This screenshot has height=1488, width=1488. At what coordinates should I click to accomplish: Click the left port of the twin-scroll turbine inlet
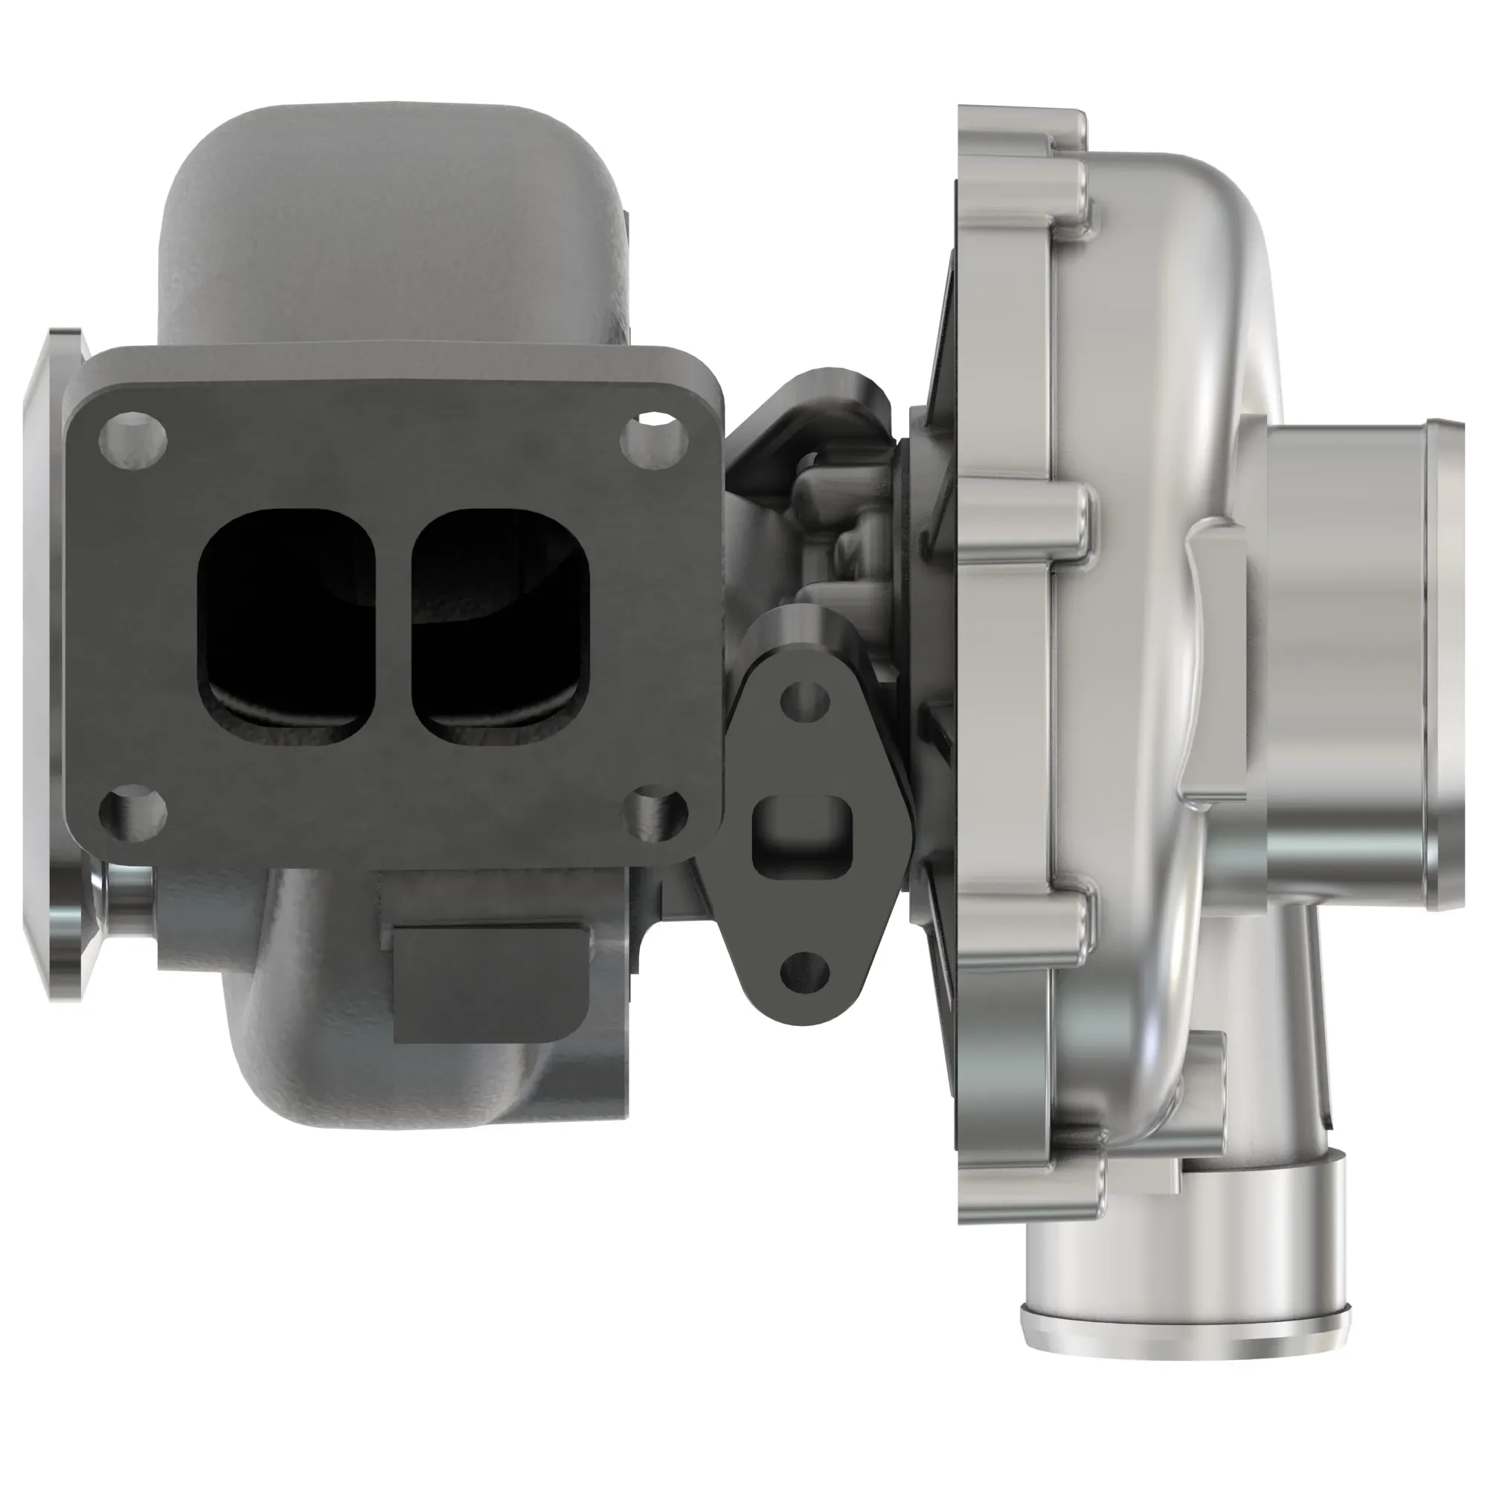pos(286,626)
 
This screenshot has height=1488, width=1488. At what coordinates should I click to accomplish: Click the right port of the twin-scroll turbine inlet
pos(502,626)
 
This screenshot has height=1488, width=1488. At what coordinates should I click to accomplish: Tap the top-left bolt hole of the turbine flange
pos(133,440)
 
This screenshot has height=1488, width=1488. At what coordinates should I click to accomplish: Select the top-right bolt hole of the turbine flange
pos(653,441)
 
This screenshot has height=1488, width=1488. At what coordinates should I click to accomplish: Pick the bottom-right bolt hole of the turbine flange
pos(653,812)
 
